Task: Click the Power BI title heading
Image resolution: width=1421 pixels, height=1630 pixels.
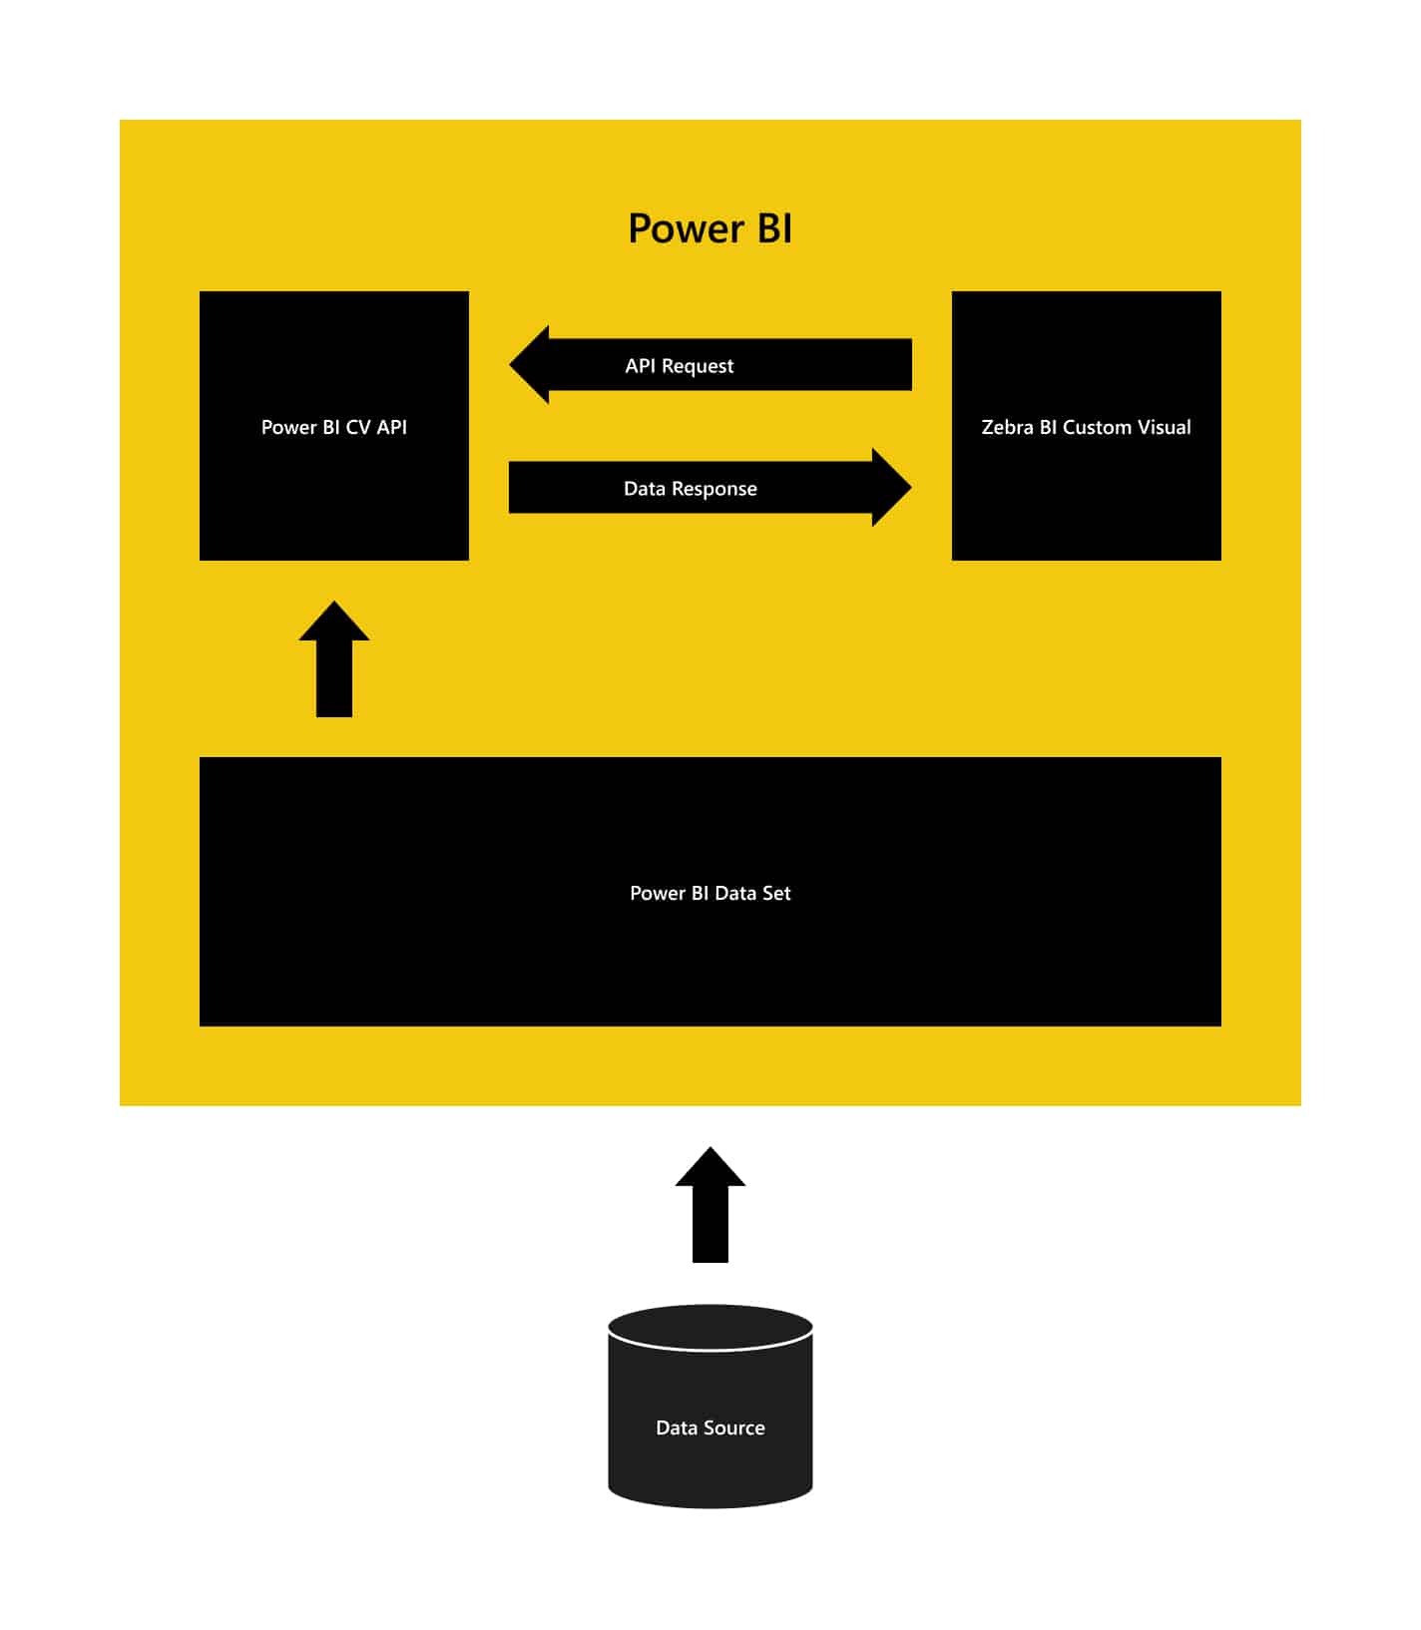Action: [x=710, y=228]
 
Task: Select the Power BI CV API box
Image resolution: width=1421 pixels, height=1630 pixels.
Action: [x=334, y=426]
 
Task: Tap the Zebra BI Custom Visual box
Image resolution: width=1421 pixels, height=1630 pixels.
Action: [x=1087, y=426]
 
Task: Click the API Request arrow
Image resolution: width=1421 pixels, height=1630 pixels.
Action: [x=710, y=365]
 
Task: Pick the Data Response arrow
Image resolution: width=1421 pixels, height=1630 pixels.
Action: [x=710, y=488]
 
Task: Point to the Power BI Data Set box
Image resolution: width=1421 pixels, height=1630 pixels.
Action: [x=710, y=892]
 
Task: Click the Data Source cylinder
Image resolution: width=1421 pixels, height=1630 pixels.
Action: [x=710, y=1407]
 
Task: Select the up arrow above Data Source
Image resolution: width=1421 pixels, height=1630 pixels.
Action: [x=710, y=1205]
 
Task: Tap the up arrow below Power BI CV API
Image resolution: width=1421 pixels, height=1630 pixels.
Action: [x=334, y=658]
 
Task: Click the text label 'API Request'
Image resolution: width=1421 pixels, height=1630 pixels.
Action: [x=680, y=366]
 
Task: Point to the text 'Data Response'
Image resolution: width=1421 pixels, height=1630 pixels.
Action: [x=691, y=489]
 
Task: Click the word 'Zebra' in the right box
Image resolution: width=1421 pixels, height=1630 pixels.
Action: [x=1008, y=427]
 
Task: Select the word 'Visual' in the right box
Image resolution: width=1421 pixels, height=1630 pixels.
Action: [x=1165, y=427]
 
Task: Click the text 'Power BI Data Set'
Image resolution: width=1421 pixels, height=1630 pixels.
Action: [x=710, y=893]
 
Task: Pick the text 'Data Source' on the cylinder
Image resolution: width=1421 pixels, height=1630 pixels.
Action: [x=710, y=1427]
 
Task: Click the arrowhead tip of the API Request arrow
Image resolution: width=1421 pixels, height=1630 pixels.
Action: [x=510, y=365]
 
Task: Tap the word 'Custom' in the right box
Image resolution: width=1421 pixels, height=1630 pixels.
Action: [x=1097, y=427]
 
